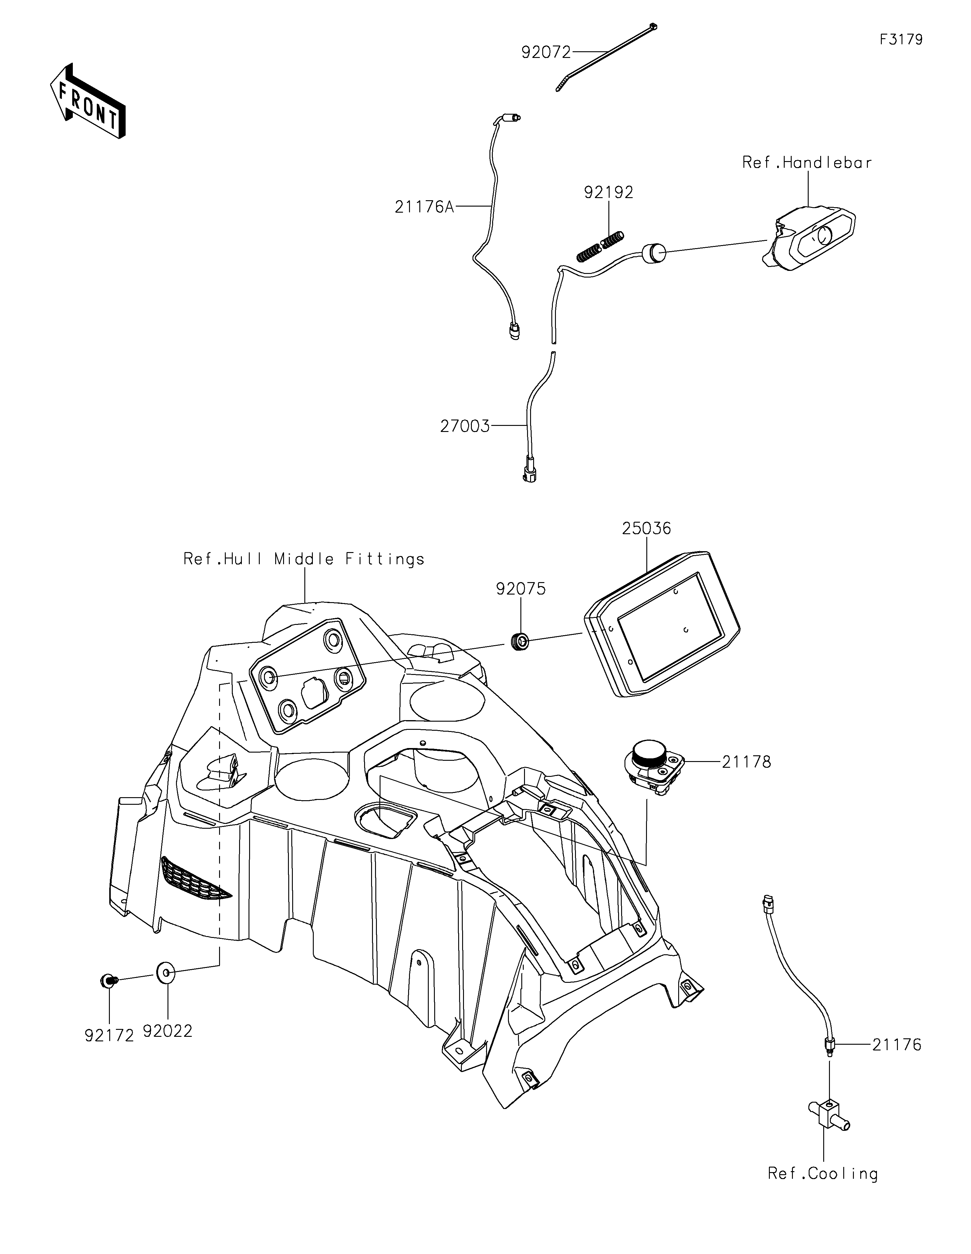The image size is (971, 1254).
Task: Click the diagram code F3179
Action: (901, 40)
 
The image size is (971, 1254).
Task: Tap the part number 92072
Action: (546, 53)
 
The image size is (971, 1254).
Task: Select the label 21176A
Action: (424, 207)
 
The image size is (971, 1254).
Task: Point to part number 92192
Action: (609, 192)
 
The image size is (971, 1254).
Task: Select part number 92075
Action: (521, 589)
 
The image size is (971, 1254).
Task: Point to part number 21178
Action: (746, 762)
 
